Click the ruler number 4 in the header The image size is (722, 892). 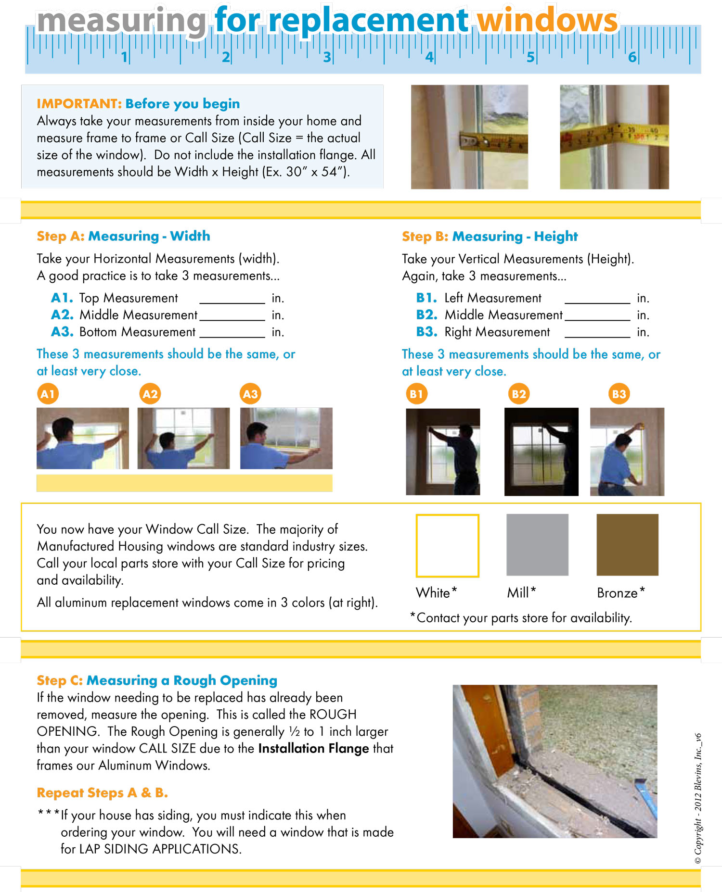click(x=429, y=57)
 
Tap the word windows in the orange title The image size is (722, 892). click(x=547, y=21)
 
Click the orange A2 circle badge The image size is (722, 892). click(x=150, y=394)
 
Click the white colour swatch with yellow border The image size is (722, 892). click(x=447, y=545)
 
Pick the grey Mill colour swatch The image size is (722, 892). click(x=537, y=544)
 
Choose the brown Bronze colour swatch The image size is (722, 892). click(x=627, y=544)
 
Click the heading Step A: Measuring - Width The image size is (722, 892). click(x=123, y=236)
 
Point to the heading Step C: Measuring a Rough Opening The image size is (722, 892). click(x=157, y=680)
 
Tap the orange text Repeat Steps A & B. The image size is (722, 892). click(x=102, y=792)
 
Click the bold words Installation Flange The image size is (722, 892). click(x=313, y=748)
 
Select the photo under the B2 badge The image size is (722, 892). click(x=541, y=452)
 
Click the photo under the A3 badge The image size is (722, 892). click(x=286, y=438)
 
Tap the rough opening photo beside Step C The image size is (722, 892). click(x=554, y=761)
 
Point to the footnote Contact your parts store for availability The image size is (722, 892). click(x=521, y=617)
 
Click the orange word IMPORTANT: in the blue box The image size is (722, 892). click(x=79, y=104)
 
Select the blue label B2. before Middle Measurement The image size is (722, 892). click(x=426, y=315)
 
